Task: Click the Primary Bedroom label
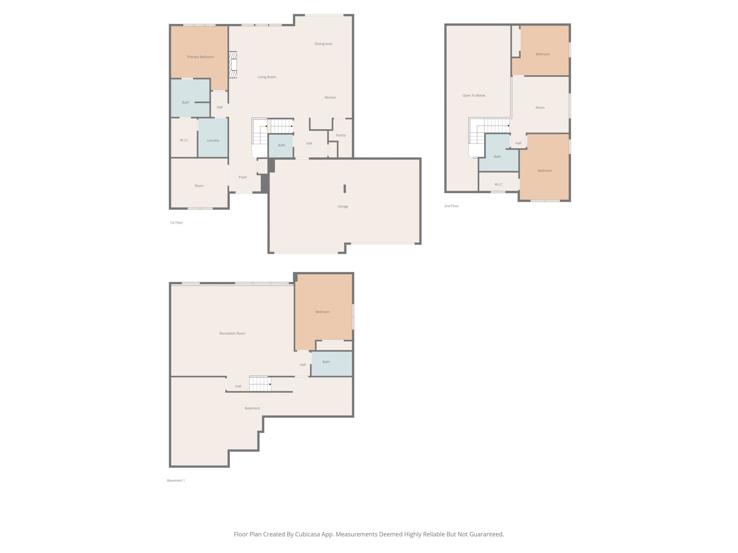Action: pyautogui.click(x=201, y=57)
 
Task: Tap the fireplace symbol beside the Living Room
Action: pyautogui.click(x=233, y=65)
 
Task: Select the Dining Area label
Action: pyautogui.click(x=323, y=44)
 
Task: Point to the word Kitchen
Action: pyautogui.click(x=330, y=97)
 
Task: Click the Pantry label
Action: pyautogui.click(x=341, y=135)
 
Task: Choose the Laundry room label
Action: pyautogui.click(x=213, y=140)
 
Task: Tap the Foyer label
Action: pyautogui.click(x=243, y=177)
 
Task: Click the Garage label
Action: pyautogui.click(x=343, y=206)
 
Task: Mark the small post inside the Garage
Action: pyautogui.click(x=345, y=189)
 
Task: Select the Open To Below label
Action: pyautogui.click(x=474, y=95)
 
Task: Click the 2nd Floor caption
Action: pyautogui.click(x=451, y=206)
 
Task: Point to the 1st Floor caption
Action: pyautogui.click(x=176, y=223)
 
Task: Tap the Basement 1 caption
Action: pyautogui.click(x=176, y=480)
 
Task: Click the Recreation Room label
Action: pyautogui.click(x=232, y=333)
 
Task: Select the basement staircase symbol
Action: pyautogui.click(x=260, y=384)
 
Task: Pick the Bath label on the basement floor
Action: pyautogui.click(x=326, y=362)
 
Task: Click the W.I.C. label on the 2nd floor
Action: pyautogui.click(x=498, y=184)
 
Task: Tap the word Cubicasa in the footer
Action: pyautogui.click(x=307, y=534)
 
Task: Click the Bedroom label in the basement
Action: pyautogui.click(x=323, y=312)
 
